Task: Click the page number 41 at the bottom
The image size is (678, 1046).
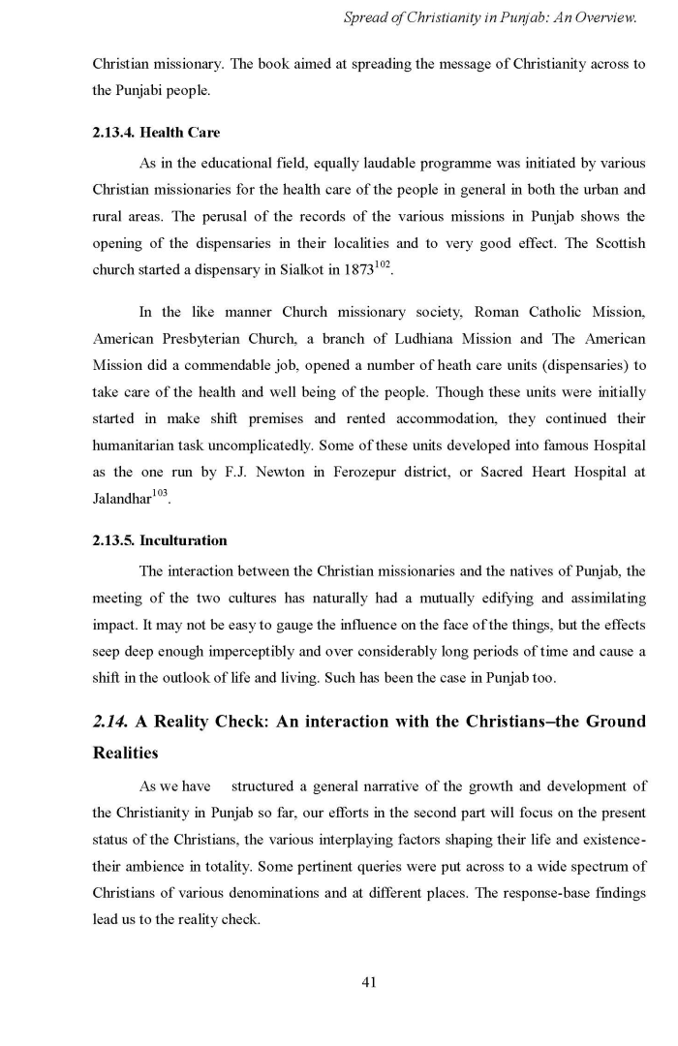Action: tap(368, 982)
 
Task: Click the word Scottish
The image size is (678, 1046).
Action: tap(615, 242)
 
